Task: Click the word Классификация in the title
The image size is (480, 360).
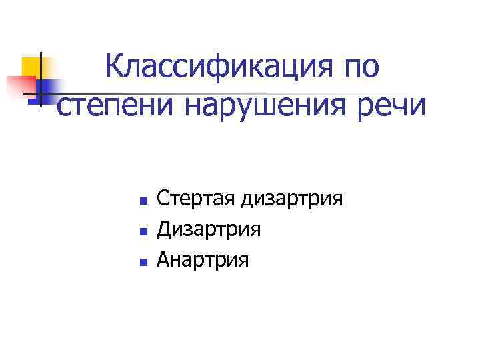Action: click(217, 67)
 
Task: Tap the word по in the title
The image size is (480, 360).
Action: click(361, 67)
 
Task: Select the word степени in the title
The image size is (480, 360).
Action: click(115, 107)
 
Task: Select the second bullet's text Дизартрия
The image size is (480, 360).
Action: click(208, 229)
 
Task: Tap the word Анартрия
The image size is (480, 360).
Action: click(202, 260)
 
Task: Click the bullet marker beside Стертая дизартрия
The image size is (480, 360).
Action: click(142, 200)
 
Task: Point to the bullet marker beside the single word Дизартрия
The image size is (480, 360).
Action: click(142, 231)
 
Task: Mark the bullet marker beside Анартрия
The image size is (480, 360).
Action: click(142, 261)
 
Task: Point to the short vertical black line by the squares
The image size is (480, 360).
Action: click(41, 79)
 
